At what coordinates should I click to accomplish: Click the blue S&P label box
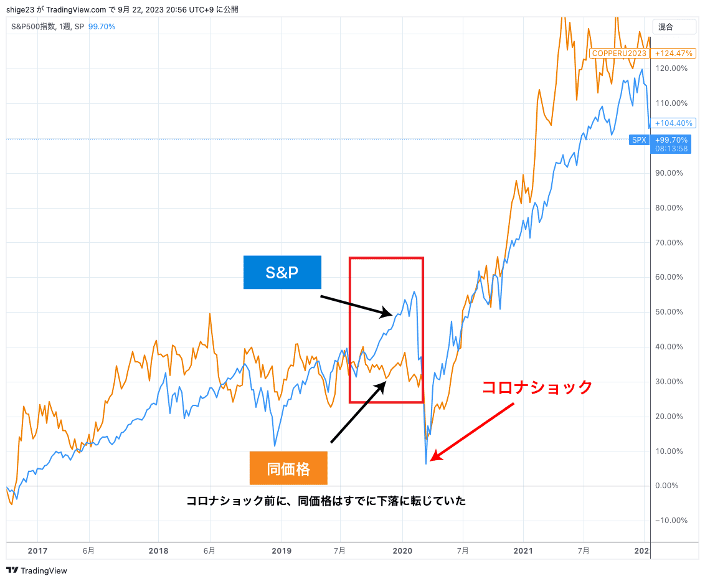[282, 272]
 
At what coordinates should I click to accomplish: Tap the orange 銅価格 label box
[288, 468]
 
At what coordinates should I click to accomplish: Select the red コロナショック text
[537, 387]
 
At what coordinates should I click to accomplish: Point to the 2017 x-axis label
[37, 550]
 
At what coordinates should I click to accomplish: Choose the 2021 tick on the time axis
[524, 550]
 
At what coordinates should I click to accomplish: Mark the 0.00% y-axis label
[671, 486]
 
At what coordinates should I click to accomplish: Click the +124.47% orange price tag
[671, 54]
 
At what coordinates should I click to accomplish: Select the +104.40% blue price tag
[671, 123]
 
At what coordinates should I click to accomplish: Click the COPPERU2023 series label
[619, 54]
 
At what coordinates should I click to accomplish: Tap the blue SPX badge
[639, 140]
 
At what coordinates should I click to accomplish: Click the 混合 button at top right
[666, 27]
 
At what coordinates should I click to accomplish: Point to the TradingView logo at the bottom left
[37, 570]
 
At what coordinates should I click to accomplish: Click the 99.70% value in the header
[102, 27]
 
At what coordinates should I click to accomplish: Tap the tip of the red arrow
[432, 460]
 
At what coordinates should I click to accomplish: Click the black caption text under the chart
[326, 501]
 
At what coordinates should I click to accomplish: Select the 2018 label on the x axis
[159, 550]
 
